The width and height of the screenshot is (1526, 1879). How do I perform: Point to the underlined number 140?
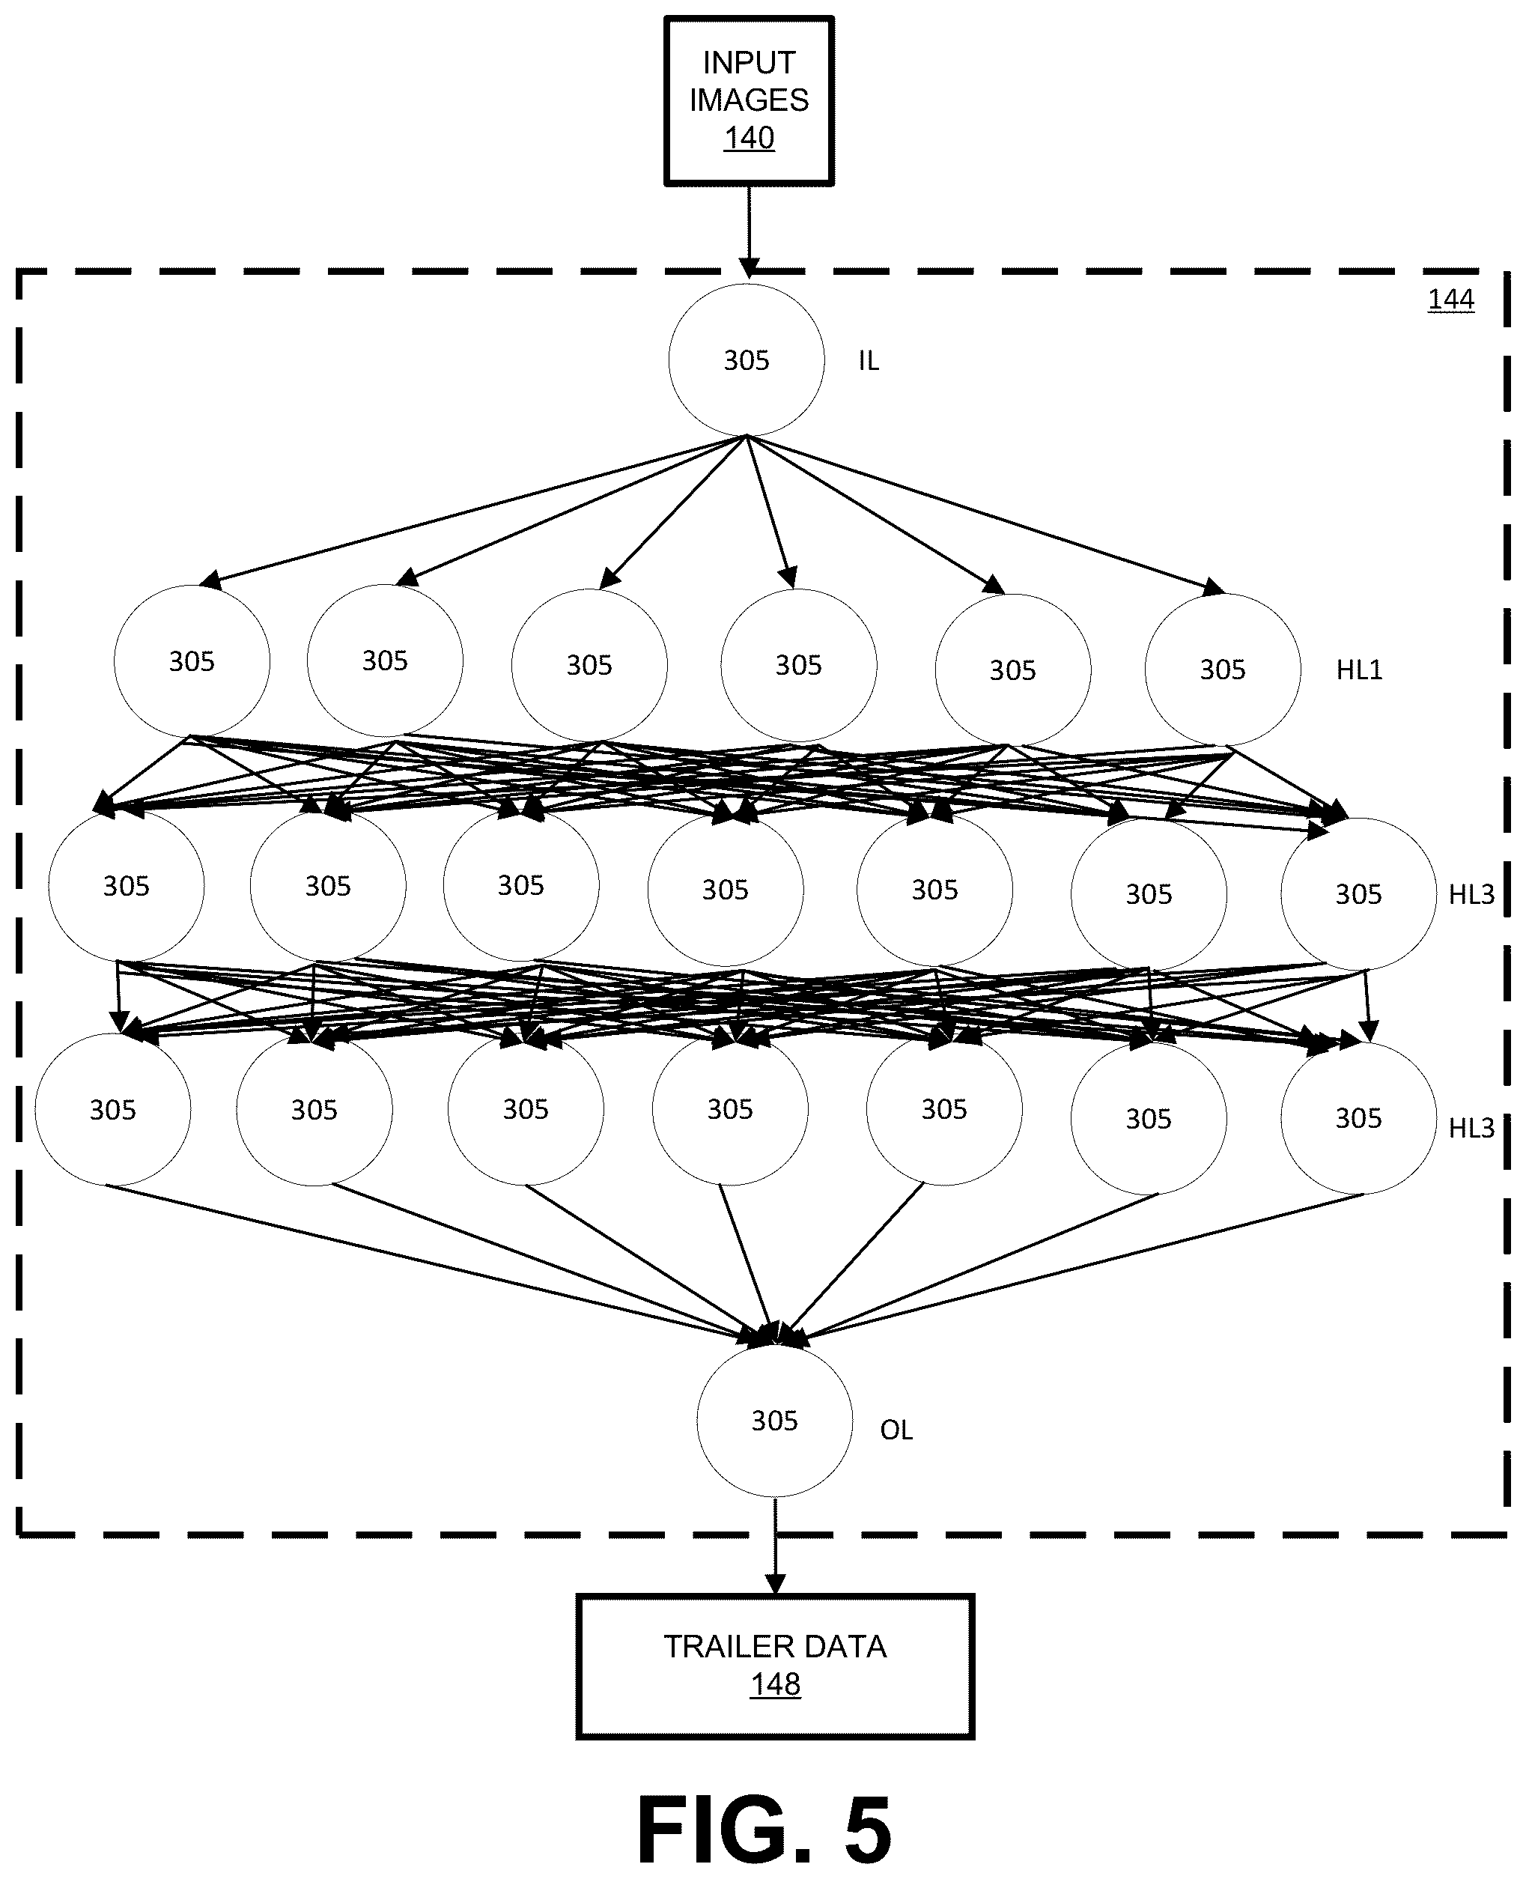click(749, 138)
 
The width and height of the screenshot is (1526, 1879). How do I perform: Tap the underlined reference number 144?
click(1450, 300)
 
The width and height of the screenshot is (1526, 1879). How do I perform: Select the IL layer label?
click(869, 360)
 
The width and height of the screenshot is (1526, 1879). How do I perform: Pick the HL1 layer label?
click(1359, 670)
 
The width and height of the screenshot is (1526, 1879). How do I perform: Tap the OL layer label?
click(896, 1430)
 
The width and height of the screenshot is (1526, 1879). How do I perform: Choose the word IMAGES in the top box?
click(749, 100)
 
